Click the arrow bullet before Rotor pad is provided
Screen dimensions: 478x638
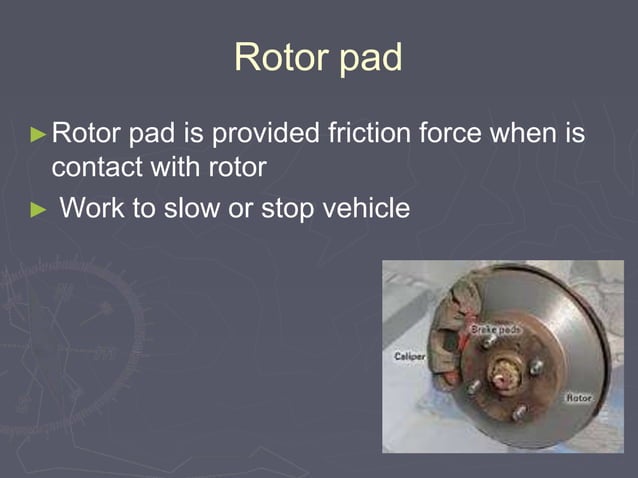(38, 133)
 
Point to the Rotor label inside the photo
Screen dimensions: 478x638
(580, 397)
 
